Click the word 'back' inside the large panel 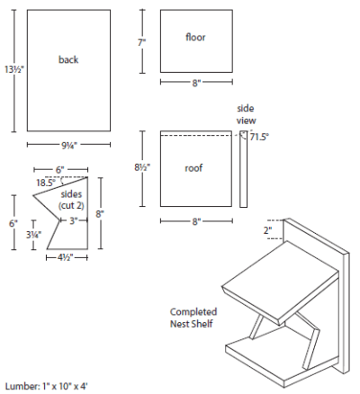pos(68,60)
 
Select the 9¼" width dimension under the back pos(67,144)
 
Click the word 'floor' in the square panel pos(195,38)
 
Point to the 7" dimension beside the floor pos(142,41)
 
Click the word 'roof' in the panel pos(194,167)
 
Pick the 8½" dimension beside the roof pos(143,167)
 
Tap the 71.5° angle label pos(260,137)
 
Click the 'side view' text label pos(247,112)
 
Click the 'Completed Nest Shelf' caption pos(192,318)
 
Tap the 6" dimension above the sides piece pos(58,169)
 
